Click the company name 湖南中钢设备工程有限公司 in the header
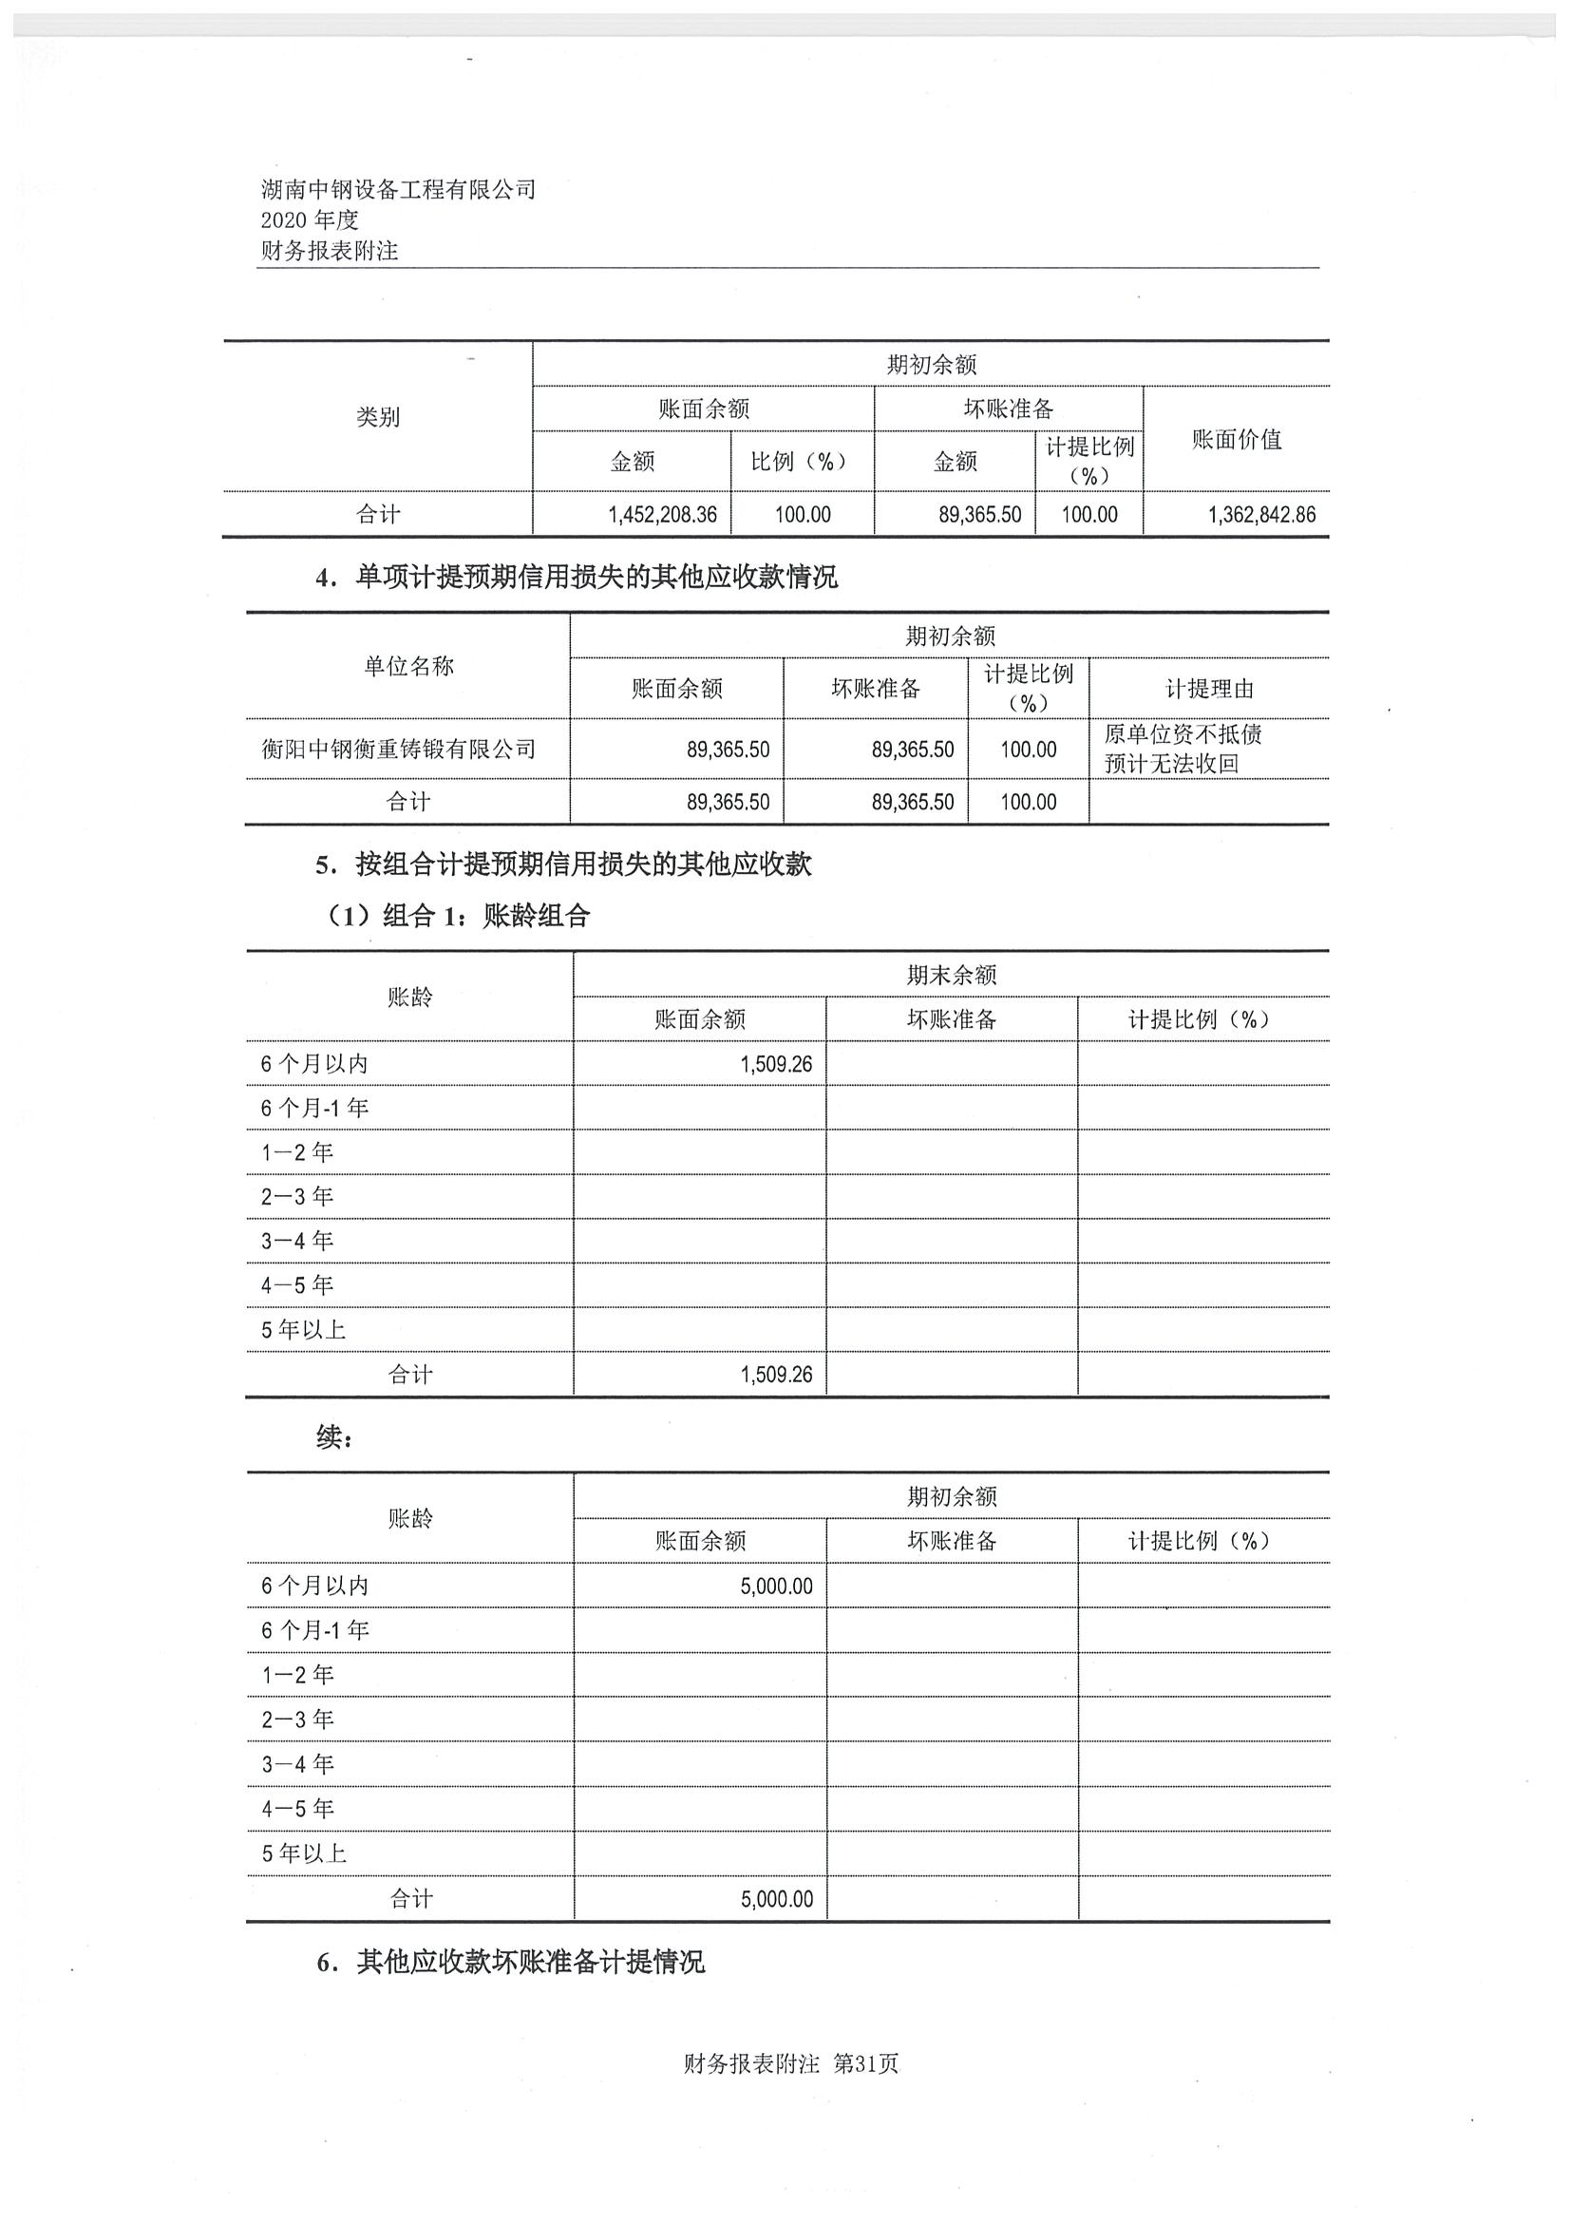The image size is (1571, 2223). [x=398, y=190]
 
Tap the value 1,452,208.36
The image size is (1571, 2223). [x=662, y=515]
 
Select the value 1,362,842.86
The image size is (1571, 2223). [x=1261, y=515]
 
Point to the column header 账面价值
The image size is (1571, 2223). [x=1236, y=440]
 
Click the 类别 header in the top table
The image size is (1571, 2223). [x=377, y=417]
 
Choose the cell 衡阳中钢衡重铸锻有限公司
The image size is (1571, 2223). [x=399, y=749]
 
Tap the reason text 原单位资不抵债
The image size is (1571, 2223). [x=1183, y=734]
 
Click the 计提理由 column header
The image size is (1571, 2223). [x=1209, y=690]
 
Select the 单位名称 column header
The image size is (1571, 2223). [x=408, y=666]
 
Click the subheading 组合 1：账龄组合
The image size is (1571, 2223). [x=486, y=916]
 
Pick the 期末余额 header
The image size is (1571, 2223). [x=951, y=975]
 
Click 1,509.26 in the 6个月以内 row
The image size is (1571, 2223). [x=776, y=1065]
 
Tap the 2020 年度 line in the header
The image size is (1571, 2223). [x=310, y=220]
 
